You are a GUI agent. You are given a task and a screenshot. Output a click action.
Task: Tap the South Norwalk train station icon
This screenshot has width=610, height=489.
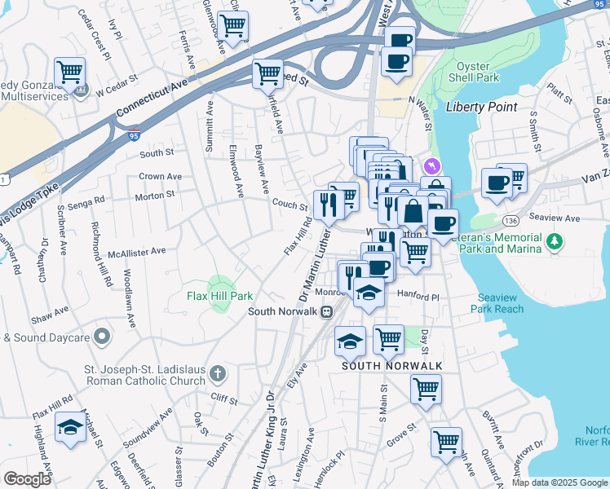pos(326,311)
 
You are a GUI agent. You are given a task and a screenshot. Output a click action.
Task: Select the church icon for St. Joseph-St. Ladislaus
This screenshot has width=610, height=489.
pos(217,374)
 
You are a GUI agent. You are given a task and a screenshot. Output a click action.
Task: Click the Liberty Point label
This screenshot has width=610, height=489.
pos(481,107)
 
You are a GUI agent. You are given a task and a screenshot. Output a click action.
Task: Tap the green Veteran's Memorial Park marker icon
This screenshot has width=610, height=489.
pos(555,241)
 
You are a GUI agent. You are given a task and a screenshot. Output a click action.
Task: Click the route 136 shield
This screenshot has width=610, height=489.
pos(511,221)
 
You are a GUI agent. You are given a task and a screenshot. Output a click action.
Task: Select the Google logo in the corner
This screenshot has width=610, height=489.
pos(27,479)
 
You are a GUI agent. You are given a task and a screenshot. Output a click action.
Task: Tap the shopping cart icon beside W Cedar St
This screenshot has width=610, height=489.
pos(70,73)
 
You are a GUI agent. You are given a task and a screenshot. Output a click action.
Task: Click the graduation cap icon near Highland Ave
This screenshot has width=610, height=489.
pos(70,428)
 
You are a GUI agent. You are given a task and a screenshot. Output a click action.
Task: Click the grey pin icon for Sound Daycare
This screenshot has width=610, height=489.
pos(101,336)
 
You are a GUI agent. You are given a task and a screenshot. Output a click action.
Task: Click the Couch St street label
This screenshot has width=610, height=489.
pos(289,205)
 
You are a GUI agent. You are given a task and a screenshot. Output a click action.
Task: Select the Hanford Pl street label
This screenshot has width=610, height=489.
pos(418,296)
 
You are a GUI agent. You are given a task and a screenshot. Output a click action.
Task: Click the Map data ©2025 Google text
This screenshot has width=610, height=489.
pos(559,482)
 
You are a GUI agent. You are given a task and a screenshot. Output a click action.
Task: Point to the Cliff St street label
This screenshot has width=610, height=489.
pos(223,400)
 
